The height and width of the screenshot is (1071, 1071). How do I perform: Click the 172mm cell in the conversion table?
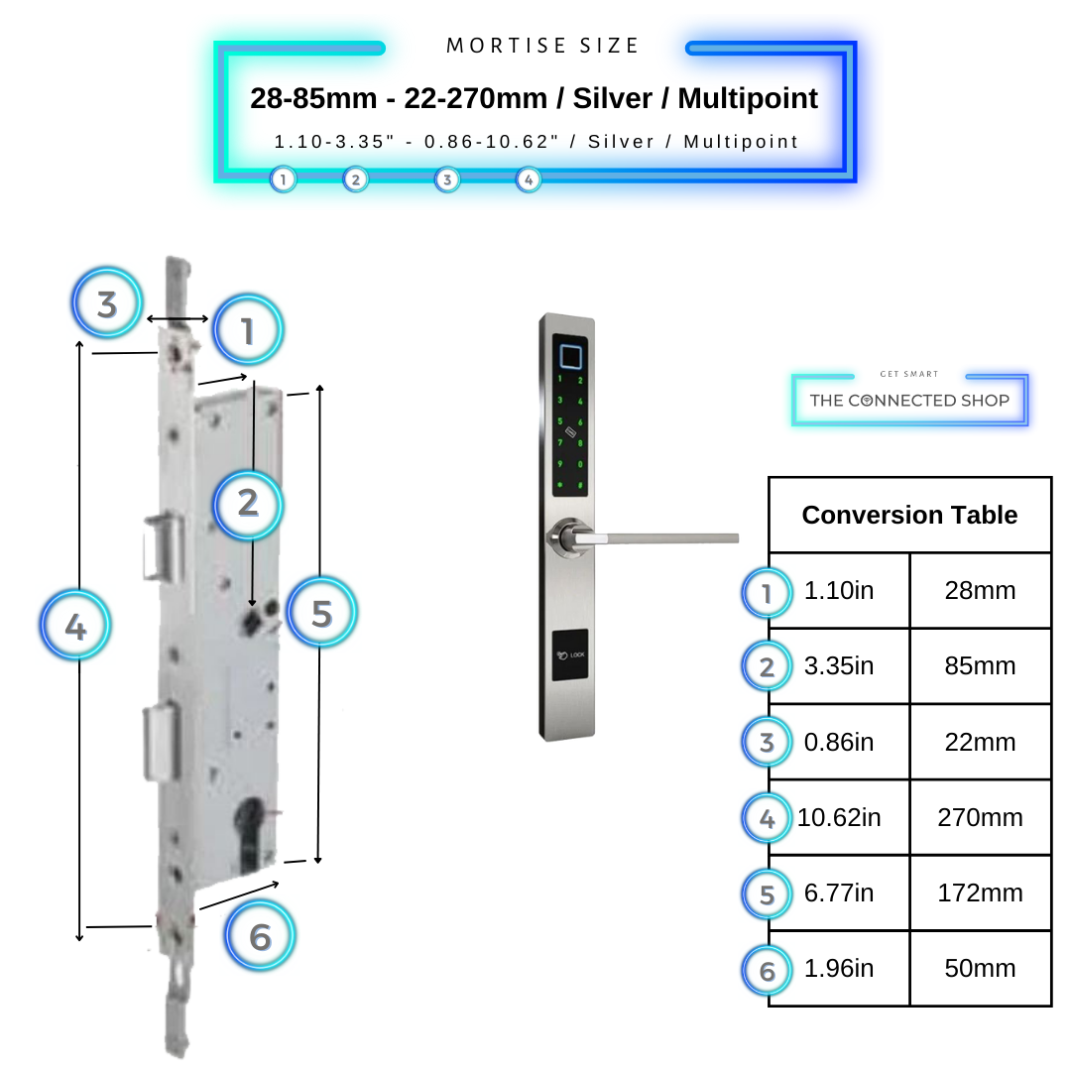(980, 892)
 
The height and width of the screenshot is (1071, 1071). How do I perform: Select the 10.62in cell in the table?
(839, 817)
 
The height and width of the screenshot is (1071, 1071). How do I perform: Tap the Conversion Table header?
(909, 515)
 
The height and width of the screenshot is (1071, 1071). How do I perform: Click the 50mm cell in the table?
(980, 968)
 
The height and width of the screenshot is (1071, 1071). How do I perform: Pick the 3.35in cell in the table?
(839, 665)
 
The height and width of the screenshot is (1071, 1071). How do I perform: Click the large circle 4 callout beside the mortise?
(75, 626)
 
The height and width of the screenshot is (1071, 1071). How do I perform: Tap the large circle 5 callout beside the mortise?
(321, 613)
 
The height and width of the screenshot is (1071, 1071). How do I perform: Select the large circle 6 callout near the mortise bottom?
(260, 936)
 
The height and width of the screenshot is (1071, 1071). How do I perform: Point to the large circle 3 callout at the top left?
(107, 303)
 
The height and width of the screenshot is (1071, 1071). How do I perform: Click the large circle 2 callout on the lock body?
(248, 503)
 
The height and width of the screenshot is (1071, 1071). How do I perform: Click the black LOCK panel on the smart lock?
(569, 655)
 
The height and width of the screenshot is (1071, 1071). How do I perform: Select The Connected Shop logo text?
(909, 401)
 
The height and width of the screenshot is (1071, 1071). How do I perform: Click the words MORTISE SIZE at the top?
(543, 46)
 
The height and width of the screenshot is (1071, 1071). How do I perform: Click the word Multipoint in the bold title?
(749, 98)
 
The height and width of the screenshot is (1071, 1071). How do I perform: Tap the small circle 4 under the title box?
(529, 179)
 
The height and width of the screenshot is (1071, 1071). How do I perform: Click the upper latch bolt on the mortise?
(163, 547)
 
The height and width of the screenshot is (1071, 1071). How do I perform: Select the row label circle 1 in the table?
(767, 593)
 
